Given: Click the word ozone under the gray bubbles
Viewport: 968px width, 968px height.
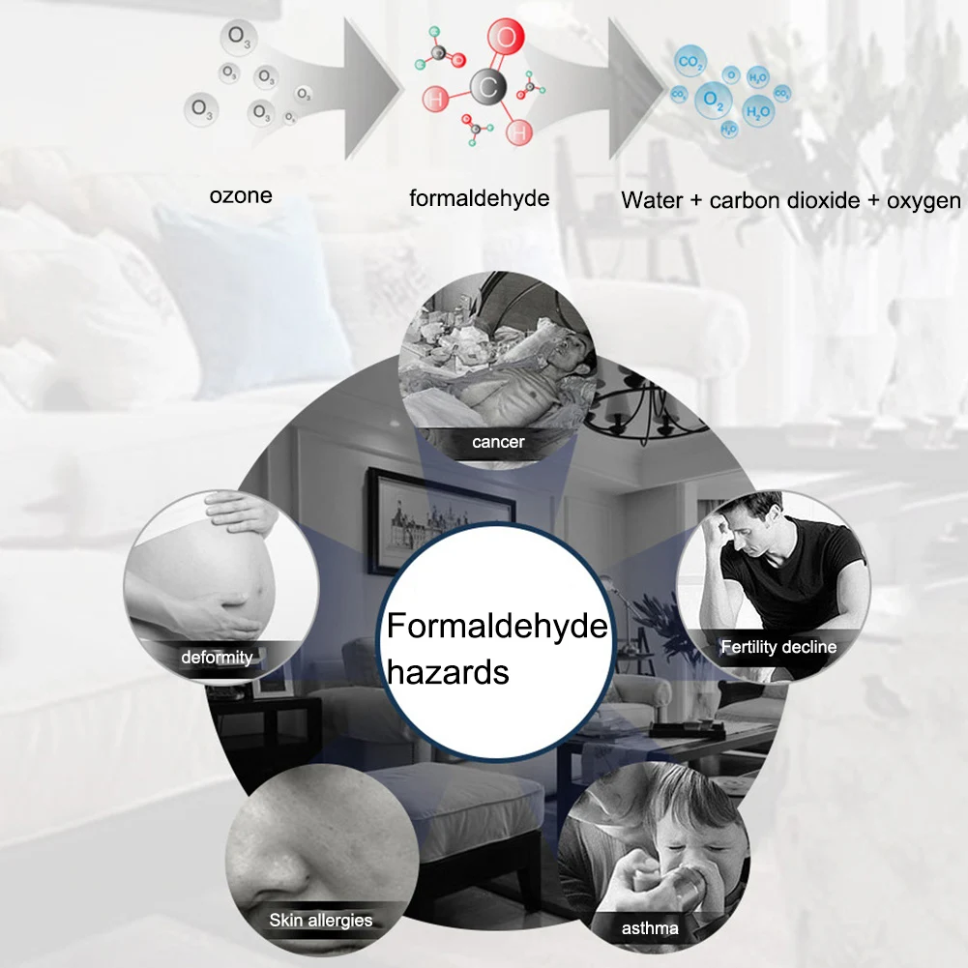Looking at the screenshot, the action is tap(241, 196).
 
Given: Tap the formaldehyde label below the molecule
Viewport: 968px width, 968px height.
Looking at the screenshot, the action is tap(479, 199).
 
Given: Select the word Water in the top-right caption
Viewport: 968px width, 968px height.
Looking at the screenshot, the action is tap(650, 201).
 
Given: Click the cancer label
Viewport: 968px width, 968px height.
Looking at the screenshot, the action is tap(498, 443).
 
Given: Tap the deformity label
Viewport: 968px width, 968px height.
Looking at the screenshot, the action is tap(217, 658).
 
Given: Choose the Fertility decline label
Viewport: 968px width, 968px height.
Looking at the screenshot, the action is tap(778, 647).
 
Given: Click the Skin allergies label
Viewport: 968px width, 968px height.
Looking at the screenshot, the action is tap(320, 920).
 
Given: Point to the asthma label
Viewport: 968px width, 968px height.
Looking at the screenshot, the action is tap(651, 929).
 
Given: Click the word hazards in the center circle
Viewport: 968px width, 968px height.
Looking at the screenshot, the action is tap(448, 671).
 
